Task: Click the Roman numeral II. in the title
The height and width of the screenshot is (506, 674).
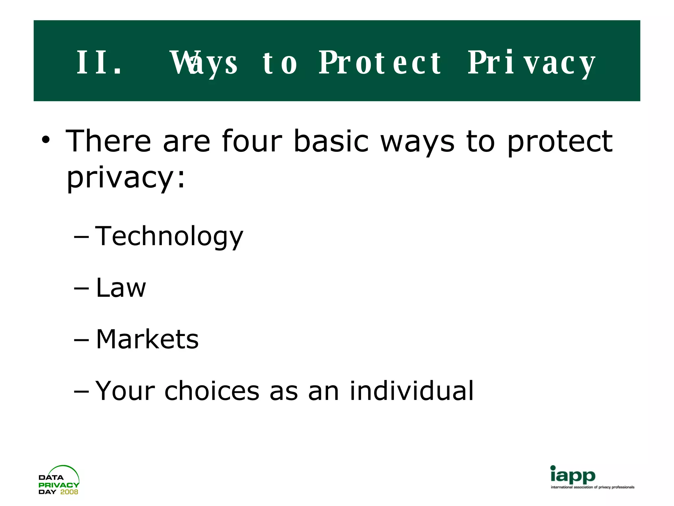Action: point(99,63)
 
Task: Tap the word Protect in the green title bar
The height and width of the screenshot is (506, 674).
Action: point(380,63)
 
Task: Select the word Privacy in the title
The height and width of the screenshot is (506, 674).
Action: point(531,63)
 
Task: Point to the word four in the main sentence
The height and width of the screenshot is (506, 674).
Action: point(252,141)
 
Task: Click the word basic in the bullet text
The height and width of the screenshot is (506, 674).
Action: point(331,141)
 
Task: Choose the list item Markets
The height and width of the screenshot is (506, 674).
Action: point(147,339)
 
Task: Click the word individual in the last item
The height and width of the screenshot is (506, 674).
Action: point(411,391)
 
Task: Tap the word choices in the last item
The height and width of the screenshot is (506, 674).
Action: point(212,391)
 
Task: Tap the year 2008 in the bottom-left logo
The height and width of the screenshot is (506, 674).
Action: point(69,492)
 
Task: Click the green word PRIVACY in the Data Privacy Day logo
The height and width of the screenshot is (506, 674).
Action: point(59,485)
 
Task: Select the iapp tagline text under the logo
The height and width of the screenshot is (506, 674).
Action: point(592,487)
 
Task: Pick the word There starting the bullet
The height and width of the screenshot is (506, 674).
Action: point(108,141)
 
